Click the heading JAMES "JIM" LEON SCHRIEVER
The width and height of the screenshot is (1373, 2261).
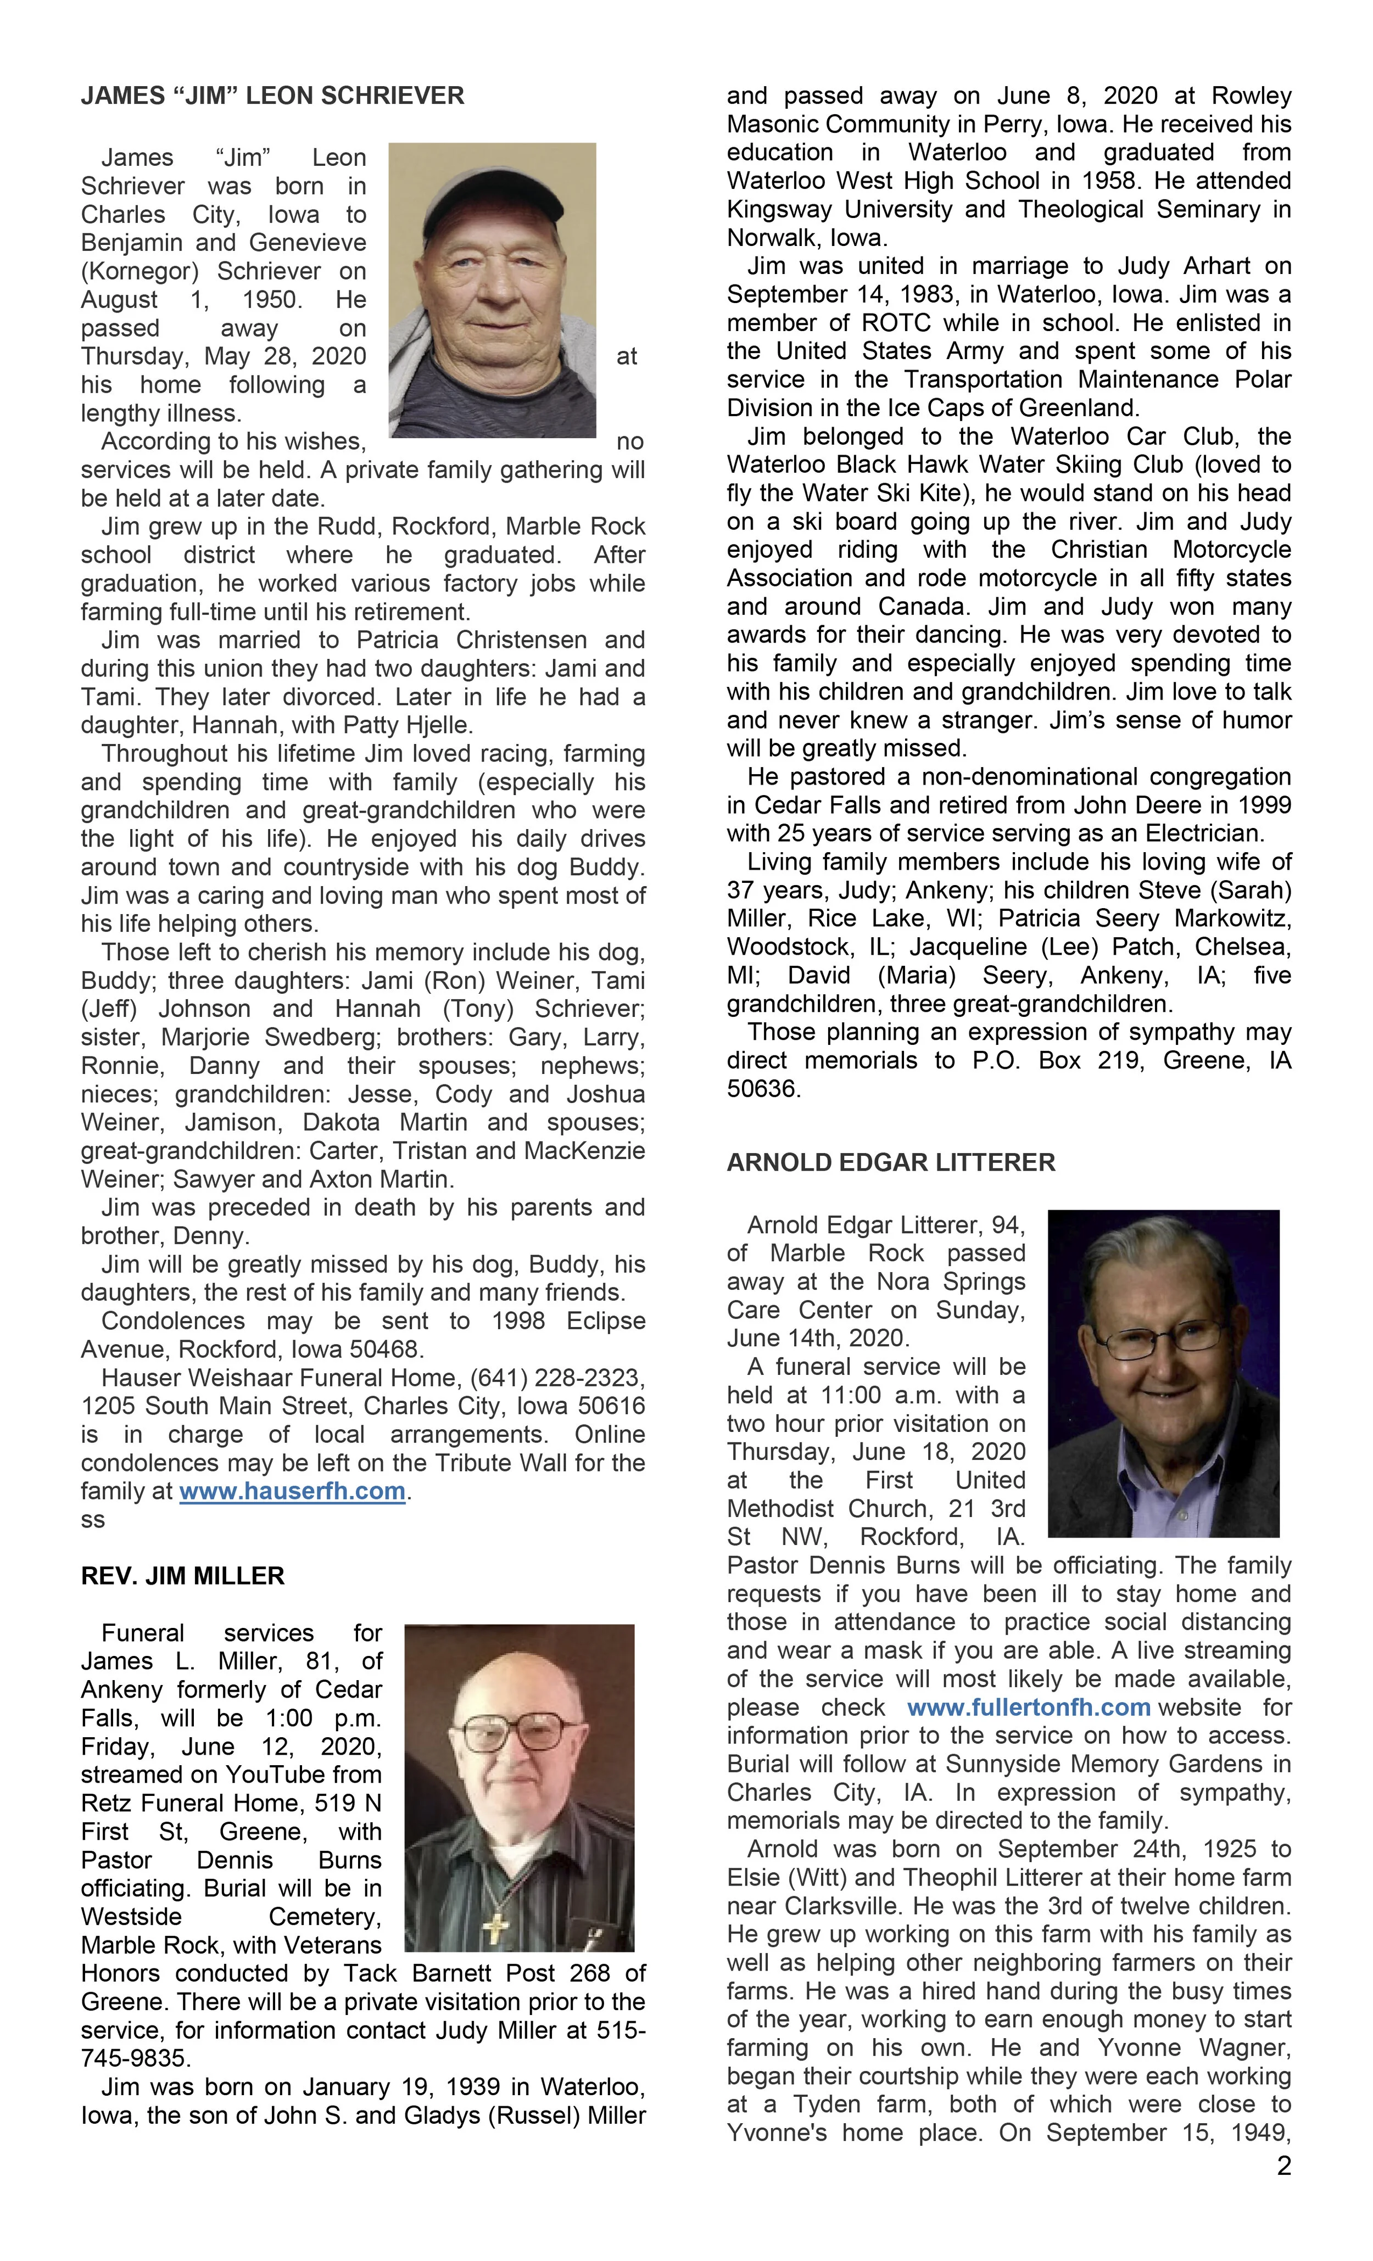tap(272, 96)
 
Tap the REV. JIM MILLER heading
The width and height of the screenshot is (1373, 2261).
tap(183, 1576)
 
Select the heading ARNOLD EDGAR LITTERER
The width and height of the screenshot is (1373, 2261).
tap(890, 1162)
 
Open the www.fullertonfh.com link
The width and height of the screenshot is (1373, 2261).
tap(1028, 1707)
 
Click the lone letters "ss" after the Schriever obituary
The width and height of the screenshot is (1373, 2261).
tap(93, 1520)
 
